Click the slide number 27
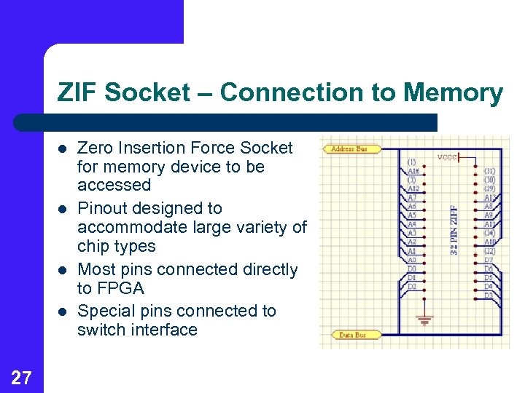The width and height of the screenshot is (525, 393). click(x=21, y=377)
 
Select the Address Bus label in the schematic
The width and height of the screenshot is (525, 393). click(x=349, y=149)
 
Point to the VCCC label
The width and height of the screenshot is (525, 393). click(x=447, y=156)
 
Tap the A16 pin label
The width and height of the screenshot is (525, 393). click(x=413, y=171)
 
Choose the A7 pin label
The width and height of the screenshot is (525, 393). click(x=413, y=197)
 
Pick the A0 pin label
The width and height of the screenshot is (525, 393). click(x=413, y=259)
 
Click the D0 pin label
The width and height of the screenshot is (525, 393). click(x=413, y=269)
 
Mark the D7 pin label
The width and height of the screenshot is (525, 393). click(x=489, y=260)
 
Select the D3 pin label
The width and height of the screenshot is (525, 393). click(x=489, y=295)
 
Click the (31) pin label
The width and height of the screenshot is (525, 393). click(x=490, y=171)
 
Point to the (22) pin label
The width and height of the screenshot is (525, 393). click(x=490, y=251)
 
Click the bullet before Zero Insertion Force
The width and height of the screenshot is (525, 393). click(x=63, y=148)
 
